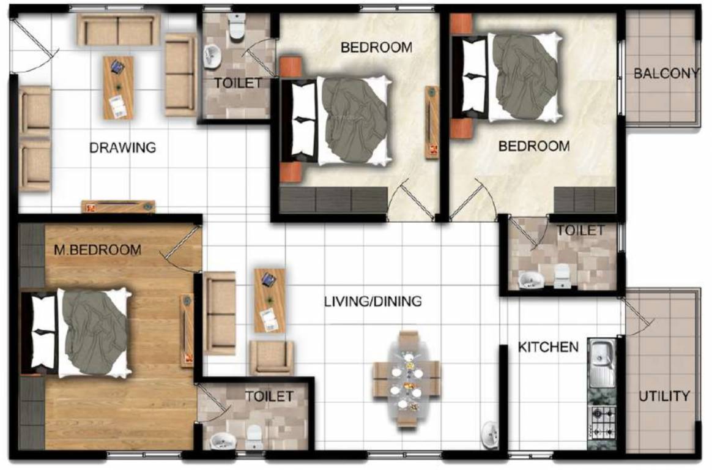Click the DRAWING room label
(x=122, y=148)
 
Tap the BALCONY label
(x=666, y=74)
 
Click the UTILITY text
(x=664, y=396)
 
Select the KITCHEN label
(x=548, y=347)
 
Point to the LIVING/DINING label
(x=373, y=301)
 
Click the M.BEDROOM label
(x=97, y=250)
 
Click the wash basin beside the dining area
(x=490, y=433)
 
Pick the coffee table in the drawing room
(x=118, y=88)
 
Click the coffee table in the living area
(x=269, y=300)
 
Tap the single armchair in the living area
(x=271, y=357)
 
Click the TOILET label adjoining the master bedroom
(x=269, y=397)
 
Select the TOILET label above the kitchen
(x=580, y=231)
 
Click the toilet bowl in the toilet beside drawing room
(x=236, y=26)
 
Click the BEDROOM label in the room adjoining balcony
(x=533, y=146)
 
